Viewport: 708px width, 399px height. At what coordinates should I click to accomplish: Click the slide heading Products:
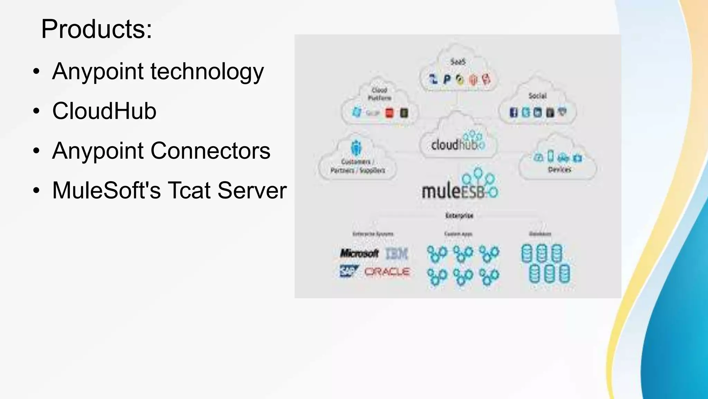[x=96, y=29]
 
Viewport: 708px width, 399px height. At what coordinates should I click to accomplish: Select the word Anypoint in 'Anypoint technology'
[x=98, y=71]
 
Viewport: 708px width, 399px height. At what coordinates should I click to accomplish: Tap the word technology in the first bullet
[x=207, y=71]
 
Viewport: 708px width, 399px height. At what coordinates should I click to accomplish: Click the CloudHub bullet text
[x=104, y=111]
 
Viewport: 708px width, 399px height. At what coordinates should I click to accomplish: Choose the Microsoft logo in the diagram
[x=359, y=253]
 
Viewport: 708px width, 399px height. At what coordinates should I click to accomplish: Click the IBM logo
[x=397, y=254]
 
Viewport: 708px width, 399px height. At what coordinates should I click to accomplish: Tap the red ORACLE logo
[x=387, y=272]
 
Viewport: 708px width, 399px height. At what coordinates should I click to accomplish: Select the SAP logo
[x=348, y=271]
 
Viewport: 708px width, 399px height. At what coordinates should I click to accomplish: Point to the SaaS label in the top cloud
[x=458, y=62]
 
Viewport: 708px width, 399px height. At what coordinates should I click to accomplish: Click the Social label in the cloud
[x=537, y=96]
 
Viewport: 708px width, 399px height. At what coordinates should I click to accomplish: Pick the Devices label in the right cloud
[x=559, y=169]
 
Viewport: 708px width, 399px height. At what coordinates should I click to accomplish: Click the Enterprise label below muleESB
[x=459, y=216]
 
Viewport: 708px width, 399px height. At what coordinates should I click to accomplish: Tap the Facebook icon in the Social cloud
[x=514, y=112]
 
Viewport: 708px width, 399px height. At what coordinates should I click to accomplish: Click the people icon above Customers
[x=356, y=148]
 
